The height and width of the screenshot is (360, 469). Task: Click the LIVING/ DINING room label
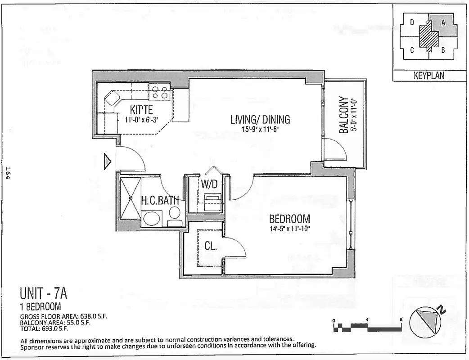click(x=260, y=120)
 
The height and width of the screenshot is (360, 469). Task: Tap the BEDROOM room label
click(x=289, y=219)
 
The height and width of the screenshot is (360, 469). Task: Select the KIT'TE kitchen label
click(x=141, y=110)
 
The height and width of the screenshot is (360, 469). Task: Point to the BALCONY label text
click(x=344, y=115)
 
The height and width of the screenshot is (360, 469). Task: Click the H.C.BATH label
click(x=160, y=201)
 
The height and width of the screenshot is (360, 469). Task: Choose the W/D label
click(x=209, y=184)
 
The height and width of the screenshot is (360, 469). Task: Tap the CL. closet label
click(x=211, y=246)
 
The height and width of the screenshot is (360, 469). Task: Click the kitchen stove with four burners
click(x=159, y=93)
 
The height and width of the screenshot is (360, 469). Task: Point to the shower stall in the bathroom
click(x=131, y=198)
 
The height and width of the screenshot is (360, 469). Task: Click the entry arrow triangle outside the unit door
click(x=107, y=162)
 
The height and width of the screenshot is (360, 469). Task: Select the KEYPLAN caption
click(x=428, y=76)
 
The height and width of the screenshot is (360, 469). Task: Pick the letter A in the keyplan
click(x=443, y=22)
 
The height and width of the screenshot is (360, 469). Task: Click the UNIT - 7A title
click(x=44, y=294)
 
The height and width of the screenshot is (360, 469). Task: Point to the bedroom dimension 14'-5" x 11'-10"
click(x=289, y=229)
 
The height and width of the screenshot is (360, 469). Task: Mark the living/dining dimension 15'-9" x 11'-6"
click(x=260, y=129)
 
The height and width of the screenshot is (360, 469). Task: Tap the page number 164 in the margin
click(x=8, y=173)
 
